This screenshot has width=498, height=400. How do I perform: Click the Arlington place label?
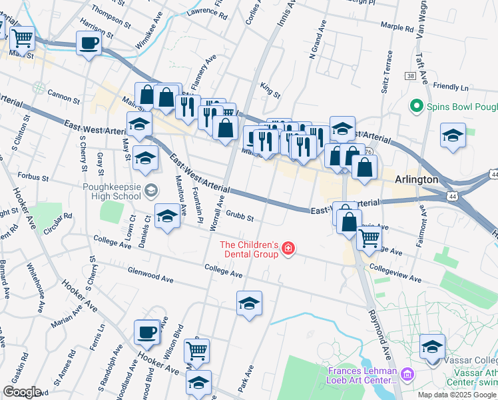[x=416, y=179]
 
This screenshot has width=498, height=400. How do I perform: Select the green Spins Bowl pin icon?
[x=417, y=106]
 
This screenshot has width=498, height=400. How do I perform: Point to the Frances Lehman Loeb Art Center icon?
[x=406, y=375]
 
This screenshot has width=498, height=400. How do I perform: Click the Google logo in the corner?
[x=22, y=392]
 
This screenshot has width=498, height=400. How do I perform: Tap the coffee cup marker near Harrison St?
[x=88, y=44]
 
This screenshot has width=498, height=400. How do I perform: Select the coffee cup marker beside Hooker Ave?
[x=146, y=331]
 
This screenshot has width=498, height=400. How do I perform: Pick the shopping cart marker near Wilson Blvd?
[x=196, y=350]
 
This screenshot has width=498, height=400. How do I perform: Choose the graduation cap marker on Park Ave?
[x=249, y=303]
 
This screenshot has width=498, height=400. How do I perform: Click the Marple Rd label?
[x=397, y=27]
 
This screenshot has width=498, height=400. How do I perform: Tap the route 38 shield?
[x=410, y=77]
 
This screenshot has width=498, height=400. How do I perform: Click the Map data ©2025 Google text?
[x=456, y=395]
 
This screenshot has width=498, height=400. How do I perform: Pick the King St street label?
[x=270, y=89]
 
